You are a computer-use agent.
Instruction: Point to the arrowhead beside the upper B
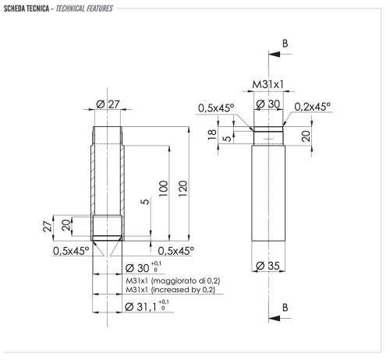[x=272, y=55]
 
